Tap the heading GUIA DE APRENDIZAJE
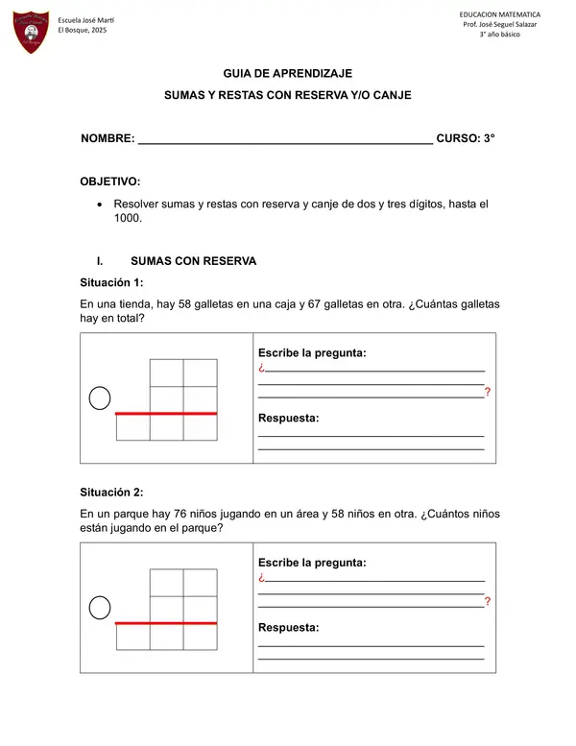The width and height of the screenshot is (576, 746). [x=287, y=73]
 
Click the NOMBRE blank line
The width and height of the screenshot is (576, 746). [x=285, y=140]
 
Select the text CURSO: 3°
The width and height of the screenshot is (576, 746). [x=466, y=138]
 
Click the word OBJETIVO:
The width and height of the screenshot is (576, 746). [x=109, y=180]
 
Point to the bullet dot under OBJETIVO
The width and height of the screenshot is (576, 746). [x=100, y=205]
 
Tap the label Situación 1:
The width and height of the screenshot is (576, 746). [x=111, y=282]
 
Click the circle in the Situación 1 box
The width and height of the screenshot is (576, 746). [x=100, y=397]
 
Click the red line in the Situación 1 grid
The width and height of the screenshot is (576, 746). [x=166, y=414]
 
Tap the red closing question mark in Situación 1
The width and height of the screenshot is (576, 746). [x=488, y=392]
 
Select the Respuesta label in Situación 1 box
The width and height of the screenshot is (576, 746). [x=288, y=418]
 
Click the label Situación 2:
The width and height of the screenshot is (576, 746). [x=111, y=493]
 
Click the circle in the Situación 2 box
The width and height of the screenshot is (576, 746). [x=100, y=607]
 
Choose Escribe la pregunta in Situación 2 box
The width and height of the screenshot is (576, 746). [x=312, y=563]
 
